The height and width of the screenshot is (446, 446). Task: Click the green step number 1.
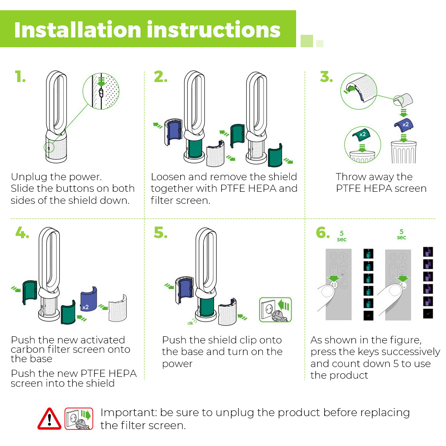coord(20,77)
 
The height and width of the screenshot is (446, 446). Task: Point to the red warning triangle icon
coord(50,418)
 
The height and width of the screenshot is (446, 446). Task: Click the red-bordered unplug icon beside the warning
coord(78,418)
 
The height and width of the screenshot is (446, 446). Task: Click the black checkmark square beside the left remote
coord(368,316)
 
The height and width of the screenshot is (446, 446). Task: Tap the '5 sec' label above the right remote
coord(401,235)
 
